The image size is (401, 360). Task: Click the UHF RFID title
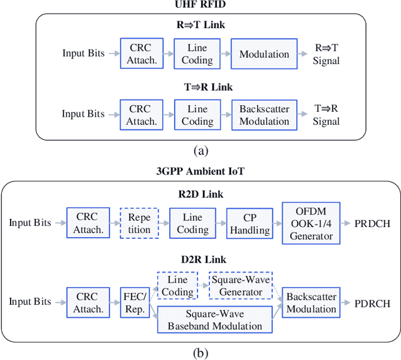pos(200,5)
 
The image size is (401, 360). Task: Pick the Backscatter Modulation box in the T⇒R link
pos(264,114)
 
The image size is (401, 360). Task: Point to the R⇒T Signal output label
pos(326,55)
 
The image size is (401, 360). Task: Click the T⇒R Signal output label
pos(326,114)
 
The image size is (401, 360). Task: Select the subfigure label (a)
pos(200,151)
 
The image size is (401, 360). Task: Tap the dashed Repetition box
pos(139,223)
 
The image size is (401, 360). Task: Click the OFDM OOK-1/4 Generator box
pos(311,223)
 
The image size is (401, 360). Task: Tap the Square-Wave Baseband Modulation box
pos(215,319)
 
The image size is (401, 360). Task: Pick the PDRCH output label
pos(372,303)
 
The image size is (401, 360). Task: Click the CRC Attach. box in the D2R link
pos(88,302)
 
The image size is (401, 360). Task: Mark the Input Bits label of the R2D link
pos(30,223)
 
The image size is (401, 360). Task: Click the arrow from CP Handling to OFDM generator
pos(277,223)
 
